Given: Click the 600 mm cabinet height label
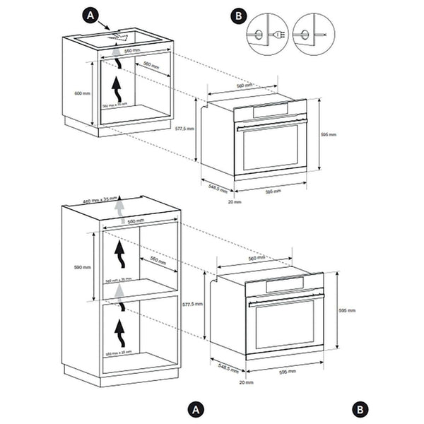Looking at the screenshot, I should tap(83, 93).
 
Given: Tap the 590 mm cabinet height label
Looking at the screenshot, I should tap(83, 268).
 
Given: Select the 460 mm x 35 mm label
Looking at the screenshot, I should tap(99, 200).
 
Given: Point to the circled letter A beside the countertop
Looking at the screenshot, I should tap(90, 13).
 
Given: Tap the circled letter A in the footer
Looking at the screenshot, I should tap(196, 409).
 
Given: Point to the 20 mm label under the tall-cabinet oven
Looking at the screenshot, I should tap(245, 383).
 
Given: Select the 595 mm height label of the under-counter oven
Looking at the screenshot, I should tap(328, 134).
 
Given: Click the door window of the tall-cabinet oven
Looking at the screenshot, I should tap(284, 325).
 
